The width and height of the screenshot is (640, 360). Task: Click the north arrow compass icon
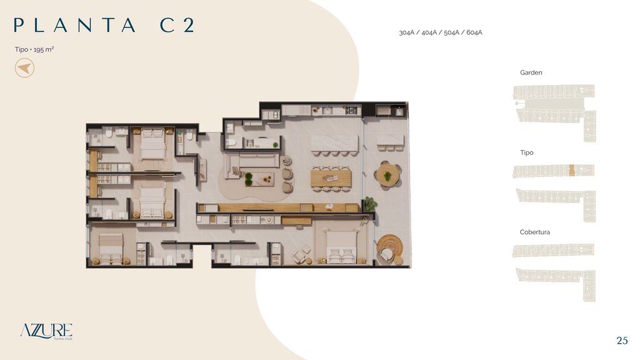pyautogui.click(x=24, y=67)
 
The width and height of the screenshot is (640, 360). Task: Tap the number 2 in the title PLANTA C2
pyautogui.click(x=189, y=25)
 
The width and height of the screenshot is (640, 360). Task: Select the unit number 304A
pyautogui.click(x=406, y=32)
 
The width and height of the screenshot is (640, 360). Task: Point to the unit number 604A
pyautogui.click(x=474, y=32)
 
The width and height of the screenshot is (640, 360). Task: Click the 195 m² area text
pyautogui.click(x=44, y=49)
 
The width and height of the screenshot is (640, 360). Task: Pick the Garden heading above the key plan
pyautogui.click(x=531, y=72)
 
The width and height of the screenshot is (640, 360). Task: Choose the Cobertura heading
pyautogui.click(x=535, y=232)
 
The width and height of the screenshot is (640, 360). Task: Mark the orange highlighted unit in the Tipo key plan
pyautogui.click(x=572, y=170)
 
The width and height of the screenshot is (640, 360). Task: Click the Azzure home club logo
pyautogui.click(x=46, y=331)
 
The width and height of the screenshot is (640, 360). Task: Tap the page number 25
pyautogui.click(x=622, y=341)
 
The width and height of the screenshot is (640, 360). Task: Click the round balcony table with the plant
pyautogui.click(x=387, y=176)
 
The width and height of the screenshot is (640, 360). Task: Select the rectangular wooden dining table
pyautogui.click(x=331, y=178)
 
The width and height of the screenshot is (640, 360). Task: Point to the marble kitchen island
pyautogui.click(x=335, y=144)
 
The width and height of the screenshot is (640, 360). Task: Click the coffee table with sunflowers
pyautogui.click(x=259, y=179)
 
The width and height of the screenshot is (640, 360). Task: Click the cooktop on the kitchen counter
pyautogui.click(x=351, y=110)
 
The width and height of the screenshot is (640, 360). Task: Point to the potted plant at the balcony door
pyautogui.click(x=370, y=203)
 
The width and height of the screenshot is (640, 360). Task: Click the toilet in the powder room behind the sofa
pyautogui.click(x=231, y=142)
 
